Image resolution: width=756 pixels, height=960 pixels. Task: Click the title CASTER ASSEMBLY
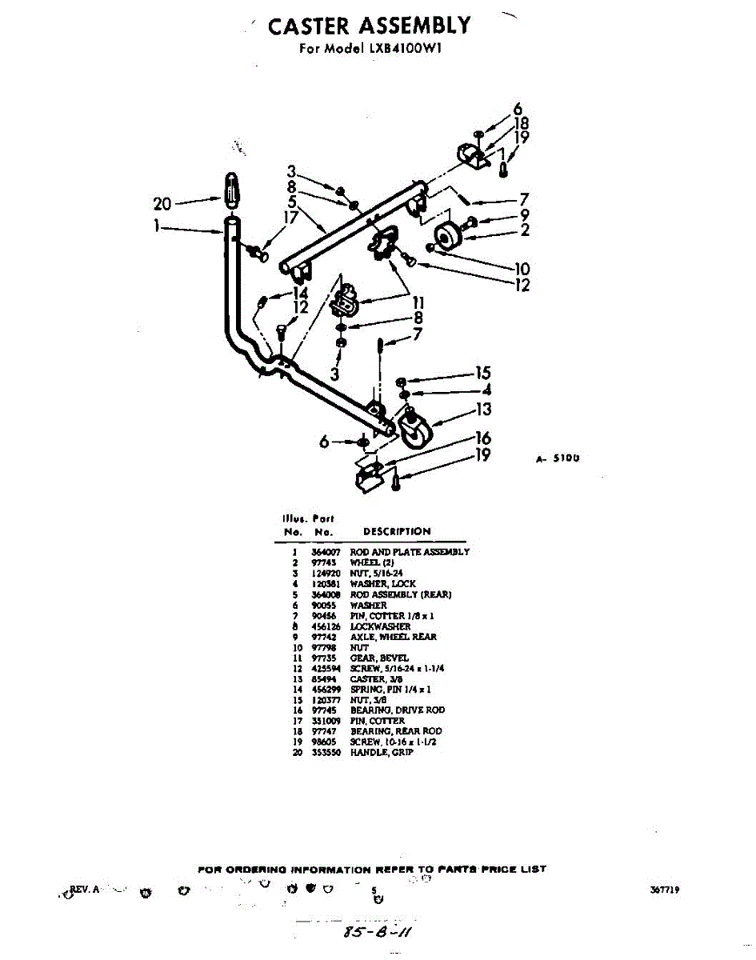tap(370, 26)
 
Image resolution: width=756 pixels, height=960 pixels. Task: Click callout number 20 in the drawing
tap(162, 204)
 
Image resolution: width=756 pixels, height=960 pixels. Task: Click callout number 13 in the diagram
tap(482, 410)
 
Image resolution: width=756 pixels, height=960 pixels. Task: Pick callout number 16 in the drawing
tap(482, 438)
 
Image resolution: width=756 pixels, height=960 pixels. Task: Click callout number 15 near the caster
tap(482, 373)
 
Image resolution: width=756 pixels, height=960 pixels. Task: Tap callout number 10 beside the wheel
tap(522, 269)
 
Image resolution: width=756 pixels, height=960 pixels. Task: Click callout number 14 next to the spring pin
tap(301, 294)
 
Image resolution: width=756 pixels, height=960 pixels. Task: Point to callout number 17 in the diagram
tap(290, 216)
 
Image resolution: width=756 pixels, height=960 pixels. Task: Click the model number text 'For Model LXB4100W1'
tap(370, 48)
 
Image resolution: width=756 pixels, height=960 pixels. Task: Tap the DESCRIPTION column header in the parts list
tap(396, 531)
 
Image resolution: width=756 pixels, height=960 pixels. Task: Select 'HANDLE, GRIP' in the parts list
tap(382, 753)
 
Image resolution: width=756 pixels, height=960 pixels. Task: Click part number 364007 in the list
tap(324, 552)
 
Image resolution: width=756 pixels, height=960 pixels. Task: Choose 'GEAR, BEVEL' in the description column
tap(379, 658)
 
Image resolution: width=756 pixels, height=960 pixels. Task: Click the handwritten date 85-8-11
tap(378, 932)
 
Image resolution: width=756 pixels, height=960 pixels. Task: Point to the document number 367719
tap(663, 890)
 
